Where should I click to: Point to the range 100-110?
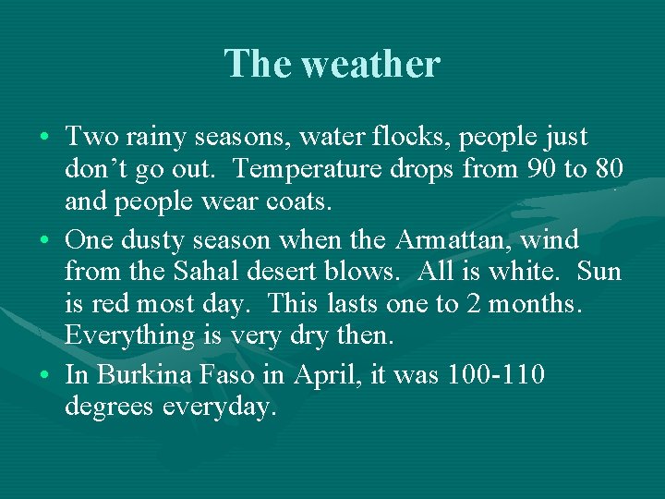[495, 375]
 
